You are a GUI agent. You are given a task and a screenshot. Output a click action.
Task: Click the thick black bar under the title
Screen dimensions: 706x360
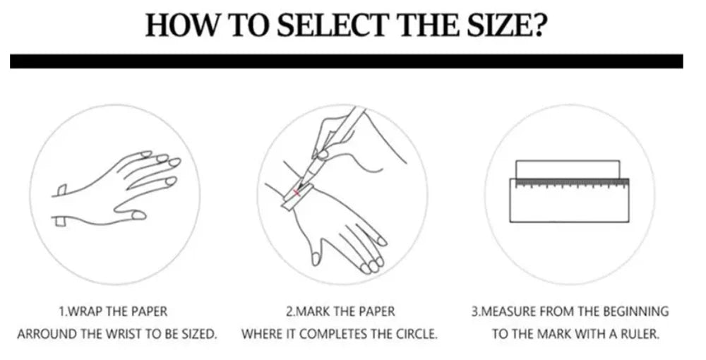coord(346,61)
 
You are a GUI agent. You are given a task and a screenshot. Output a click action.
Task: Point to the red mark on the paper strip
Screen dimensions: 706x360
coord(297,193)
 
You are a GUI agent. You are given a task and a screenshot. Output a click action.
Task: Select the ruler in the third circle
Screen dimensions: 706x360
coord(569,200)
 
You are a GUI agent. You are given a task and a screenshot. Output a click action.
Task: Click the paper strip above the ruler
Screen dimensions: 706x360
coord(568,169)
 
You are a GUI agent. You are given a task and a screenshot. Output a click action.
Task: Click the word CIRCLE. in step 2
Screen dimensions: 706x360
coord(417,335)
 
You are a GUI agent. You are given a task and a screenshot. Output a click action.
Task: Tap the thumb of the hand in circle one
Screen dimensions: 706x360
coord(131,213)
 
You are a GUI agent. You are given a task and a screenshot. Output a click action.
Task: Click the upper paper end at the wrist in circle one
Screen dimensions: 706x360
coord(61,191)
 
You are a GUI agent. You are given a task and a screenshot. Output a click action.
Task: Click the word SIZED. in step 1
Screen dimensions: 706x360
coord(199,335)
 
